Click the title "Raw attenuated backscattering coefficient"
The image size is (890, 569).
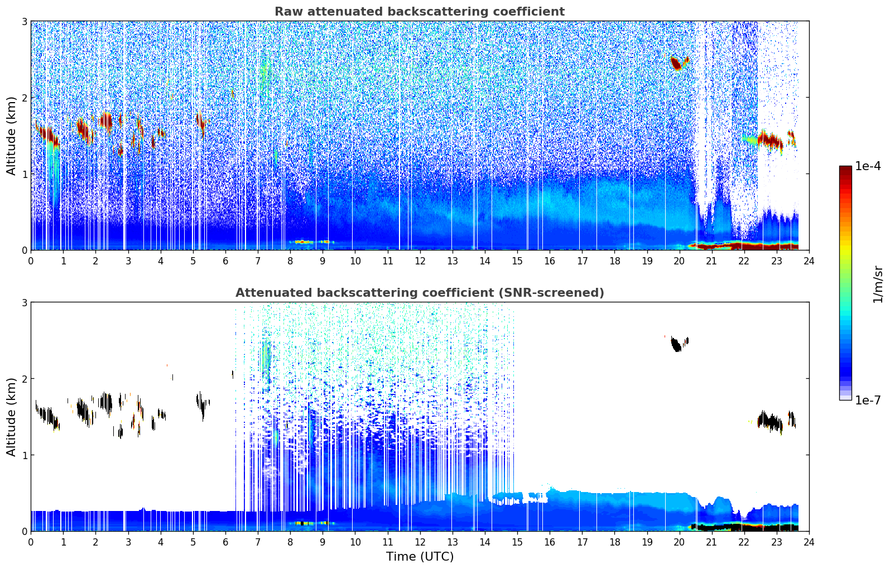tap(419, 12)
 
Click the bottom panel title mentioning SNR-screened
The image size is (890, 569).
tap(419, 293)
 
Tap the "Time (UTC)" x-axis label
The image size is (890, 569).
tap(420, 557)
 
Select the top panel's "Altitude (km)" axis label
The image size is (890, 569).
tap(11, 136)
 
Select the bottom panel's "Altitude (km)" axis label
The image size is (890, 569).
tap(11, 417)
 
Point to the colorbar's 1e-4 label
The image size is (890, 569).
tap(868, 166)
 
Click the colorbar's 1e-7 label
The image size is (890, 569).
tap(868, 400)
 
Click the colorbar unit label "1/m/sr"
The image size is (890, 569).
tap(878, 284)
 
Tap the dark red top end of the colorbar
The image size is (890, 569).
tap(845, 168)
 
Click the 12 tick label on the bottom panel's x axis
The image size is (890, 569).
tap(420, 542)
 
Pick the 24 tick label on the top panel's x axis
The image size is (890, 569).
tap(809, 261)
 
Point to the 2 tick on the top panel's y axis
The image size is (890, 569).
tap(24, 98)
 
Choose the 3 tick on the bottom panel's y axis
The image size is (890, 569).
tap(24, 302)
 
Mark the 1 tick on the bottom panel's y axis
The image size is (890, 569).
tap(24, 455)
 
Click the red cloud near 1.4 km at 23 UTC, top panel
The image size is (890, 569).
tap(772, 140)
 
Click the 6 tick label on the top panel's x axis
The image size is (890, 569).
tap(225, 261)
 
